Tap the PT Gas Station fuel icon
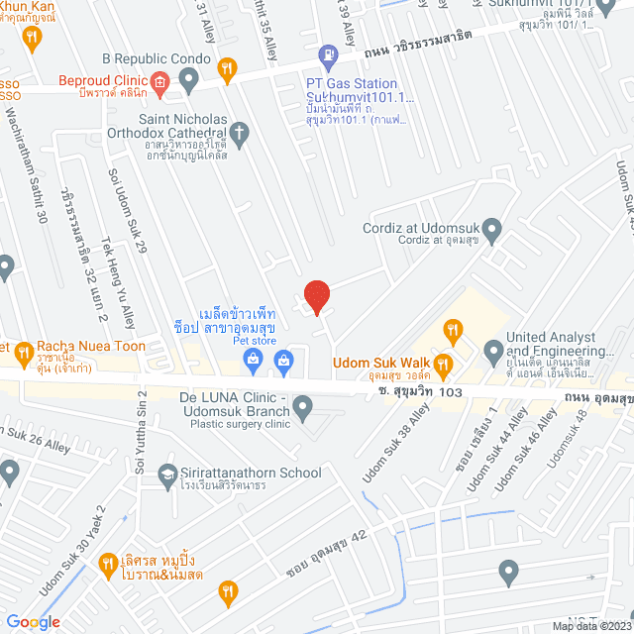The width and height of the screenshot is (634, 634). tap(326, 55)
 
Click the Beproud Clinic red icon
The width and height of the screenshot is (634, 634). tap(158, 82)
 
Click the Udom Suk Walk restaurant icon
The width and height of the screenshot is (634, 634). tap(444, 364)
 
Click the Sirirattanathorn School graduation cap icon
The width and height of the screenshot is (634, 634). tap(168, 474)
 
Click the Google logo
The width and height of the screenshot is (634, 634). tap(32, 621)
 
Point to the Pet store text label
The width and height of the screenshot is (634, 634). tap(226, 341)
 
